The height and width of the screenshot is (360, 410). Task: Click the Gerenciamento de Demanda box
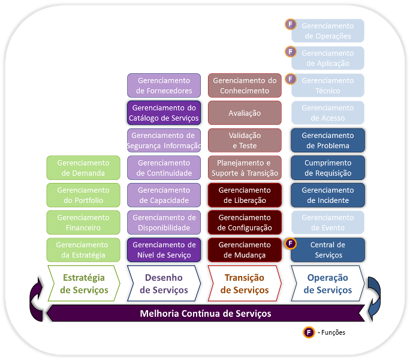pyautogui.click(x=83, y=168)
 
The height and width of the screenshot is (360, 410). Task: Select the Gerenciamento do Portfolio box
pyautogui.click(x=83, y=195)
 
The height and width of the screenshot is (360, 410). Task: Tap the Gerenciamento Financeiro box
pyautogui.click(x=83, y=223)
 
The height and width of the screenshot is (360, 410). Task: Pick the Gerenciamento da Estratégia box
pyautogui.click(x=83, y=250)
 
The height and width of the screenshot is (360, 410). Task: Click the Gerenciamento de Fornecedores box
pyautogui.click(x=164, y=86)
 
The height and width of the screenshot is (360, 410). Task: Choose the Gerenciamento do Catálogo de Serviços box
pyautogui.click(x=164, y=113)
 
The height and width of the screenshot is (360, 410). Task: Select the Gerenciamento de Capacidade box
pyautogui.click(x=164, y=195)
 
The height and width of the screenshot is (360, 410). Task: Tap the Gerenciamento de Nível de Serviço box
pyautogui.click(x=164, y=250)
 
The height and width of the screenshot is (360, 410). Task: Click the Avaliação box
pyautogui.click(x=245, y=113)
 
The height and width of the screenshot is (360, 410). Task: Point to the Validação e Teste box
pyautogui.click(x=245, y=140)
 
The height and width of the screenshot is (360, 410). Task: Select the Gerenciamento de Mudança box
pyautogui.click(x=245, y=250)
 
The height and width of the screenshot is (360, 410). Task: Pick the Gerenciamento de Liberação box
pyautogui.click(x=245, y=195)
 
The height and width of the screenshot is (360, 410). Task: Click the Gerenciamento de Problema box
pyautogui.click(x=328, y=140)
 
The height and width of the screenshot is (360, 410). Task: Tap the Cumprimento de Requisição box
pyautogui.click(x=328, y=168)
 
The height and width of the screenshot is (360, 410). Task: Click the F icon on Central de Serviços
pyautogui.click(x=291, y=244)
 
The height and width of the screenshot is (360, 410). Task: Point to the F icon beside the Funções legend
pyautogui.click(x=309, y=332)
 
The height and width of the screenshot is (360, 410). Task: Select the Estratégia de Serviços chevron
pyautogui.click(x=84, y=283)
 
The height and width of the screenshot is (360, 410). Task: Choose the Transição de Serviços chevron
pyautogui.click(x=245, y=283)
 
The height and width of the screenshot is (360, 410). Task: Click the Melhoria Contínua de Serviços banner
pyautogui.click(x=205, y=313)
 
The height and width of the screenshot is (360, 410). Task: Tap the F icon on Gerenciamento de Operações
pyautogui.click(x=291, y=25)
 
